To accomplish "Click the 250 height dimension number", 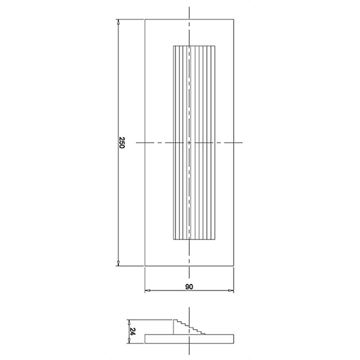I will [122, 142].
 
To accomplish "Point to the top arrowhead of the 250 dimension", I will [118, 22].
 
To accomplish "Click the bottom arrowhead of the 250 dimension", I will [118, 263].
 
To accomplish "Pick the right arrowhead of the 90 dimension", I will [232, 291].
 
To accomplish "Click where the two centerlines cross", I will [189, 142].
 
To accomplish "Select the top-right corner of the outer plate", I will [234, 19].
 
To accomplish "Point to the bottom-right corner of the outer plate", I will [234, 266].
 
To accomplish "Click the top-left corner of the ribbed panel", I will [173, 45].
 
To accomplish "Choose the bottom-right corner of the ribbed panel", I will [216, 241].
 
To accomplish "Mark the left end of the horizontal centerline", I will [137, 142].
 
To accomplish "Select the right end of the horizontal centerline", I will [243, 142].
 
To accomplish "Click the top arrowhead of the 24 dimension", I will [129, 321].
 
